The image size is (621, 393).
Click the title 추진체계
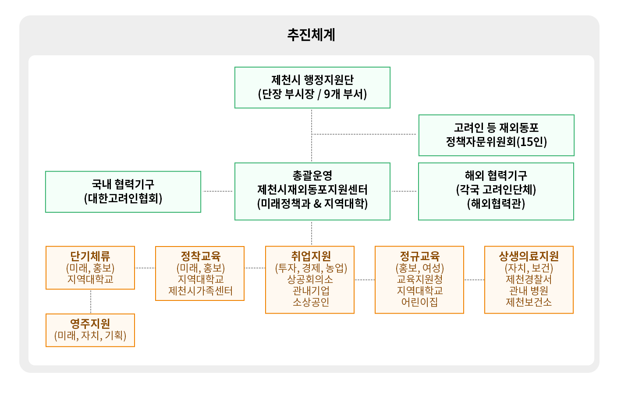coord(311,35)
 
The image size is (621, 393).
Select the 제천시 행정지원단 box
coord(312,87)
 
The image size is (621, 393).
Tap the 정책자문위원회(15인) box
coord(496,135)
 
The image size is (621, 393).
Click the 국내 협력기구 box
coord(123,192)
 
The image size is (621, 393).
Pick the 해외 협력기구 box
coord(496,191)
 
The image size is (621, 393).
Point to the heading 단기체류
coord(90,256)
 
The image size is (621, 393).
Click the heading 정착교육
coord(200,256)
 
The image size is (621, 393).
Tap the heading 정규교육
coord(419,256)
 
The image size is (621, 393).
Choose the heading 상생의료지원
coord(529,256)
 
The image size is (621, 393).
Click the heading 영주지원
coord(90,324)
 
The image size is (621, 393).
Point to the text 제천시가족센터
coord(200,291)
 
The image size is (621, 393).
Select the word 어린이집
coord(419,302)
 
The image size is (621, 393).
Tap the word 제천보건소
coord(529,302)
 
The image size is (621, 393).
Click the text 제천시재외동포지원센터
coord(312,189)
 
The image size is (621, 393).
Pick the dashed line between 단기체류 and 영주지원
coord(91,301)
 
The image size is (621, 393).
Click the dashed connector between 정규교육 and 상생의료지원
coord(474,280)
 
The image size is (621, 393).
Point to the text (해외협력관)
coord(496,204)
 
